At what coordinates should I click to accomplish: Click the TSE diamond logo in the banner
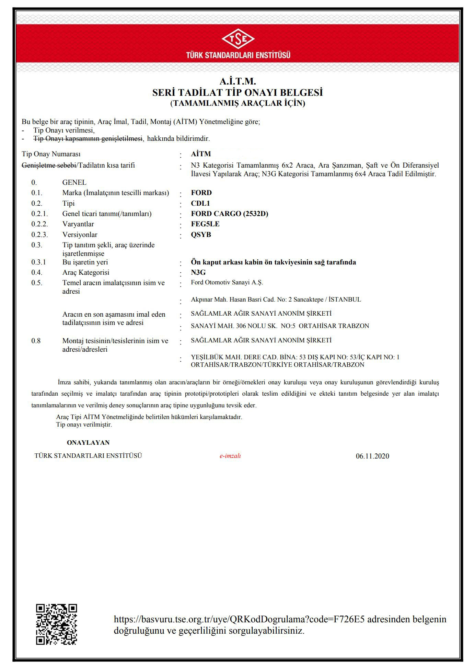click(238, 39)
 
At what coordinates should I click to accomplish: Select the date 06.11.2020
click(372, 456)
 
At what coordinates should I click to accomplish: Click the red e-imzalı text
click(230, 456)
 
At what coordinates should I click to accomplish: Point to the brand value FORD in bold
click(201, 193)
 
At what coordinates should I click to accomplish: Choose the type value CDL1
click(200, 203)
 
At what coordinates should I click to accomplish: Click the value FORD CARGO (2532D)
click(230, 214)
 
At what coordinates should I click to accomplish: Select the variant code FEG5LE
click(205, 224)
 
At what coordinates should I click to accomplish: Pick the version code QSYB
click(201, 235)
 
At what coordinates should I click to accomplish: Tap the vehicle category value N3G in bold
click(198, 272)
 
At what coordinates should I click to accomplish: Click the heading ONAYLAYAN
click(88, 443)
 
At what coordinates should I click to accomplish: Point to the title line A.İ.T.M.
click(238, 81)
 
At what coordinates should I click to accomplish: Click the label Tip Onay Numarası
click(51, 154)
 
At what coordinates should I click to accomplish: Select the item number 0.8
click(36, 341)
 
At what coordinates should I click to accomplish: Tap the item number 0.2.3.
click(40, 235)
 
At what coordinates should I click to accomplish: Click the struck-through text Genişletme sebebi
click(49, 165)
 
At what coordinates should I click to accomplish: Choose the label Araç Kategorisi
click(86, 272)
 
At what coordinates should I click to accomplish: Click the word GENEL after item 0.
click(74, 182)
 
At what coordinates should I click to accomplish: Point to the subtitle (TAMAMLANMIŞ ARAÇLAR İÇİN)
click(238, 103)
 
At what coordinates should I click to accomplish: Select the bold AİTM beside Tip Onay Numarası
click(201, 154)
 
